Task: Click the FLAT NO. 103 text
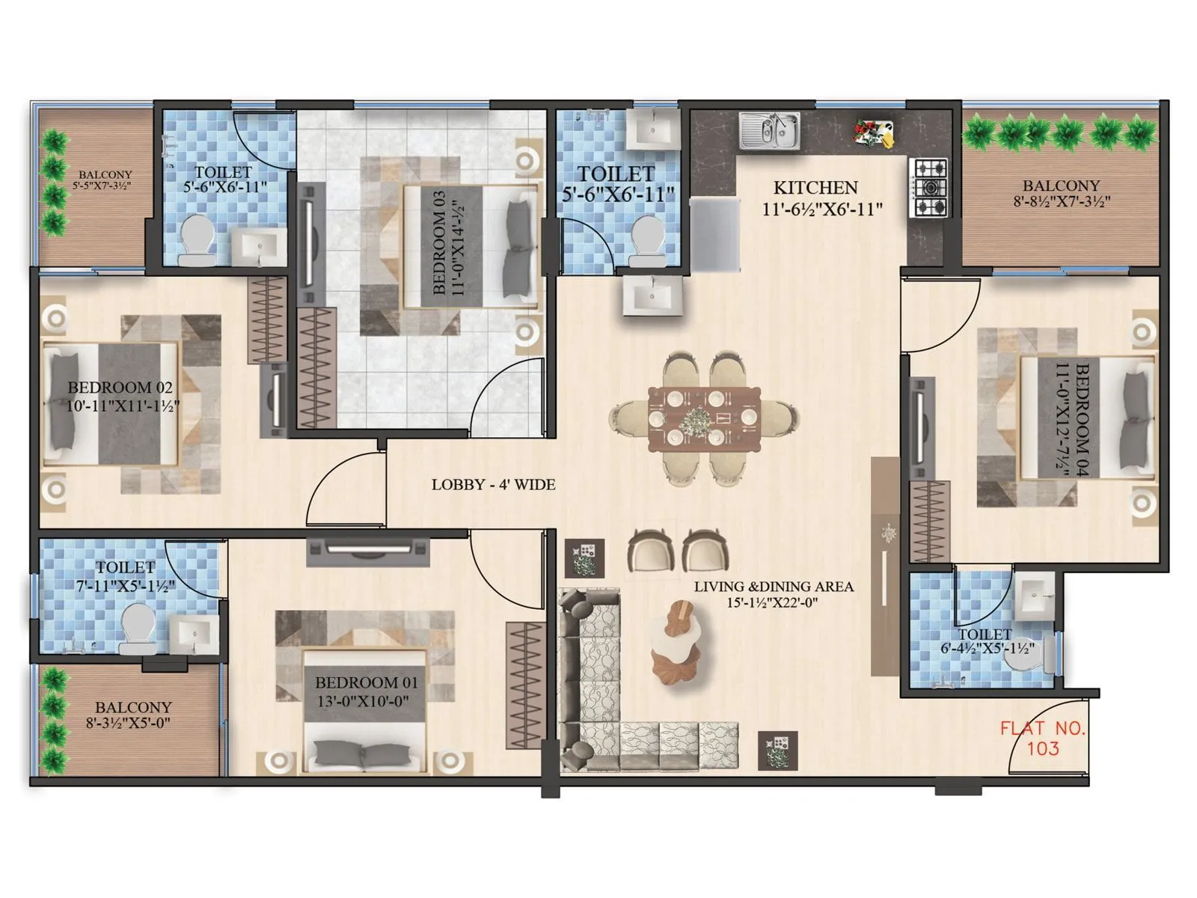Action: pos(1043,738)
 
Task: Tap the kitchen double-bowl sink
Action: pos(770,130)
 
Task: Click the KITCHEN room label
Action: pos(815,188)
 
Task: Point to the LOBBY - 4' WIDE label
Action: pos(493,485)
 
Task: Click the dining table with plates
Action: pos(704,419)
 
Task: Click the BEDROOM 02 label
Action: pos(120,388)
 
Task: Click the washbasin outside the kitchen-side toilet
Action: pos(652,295)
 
